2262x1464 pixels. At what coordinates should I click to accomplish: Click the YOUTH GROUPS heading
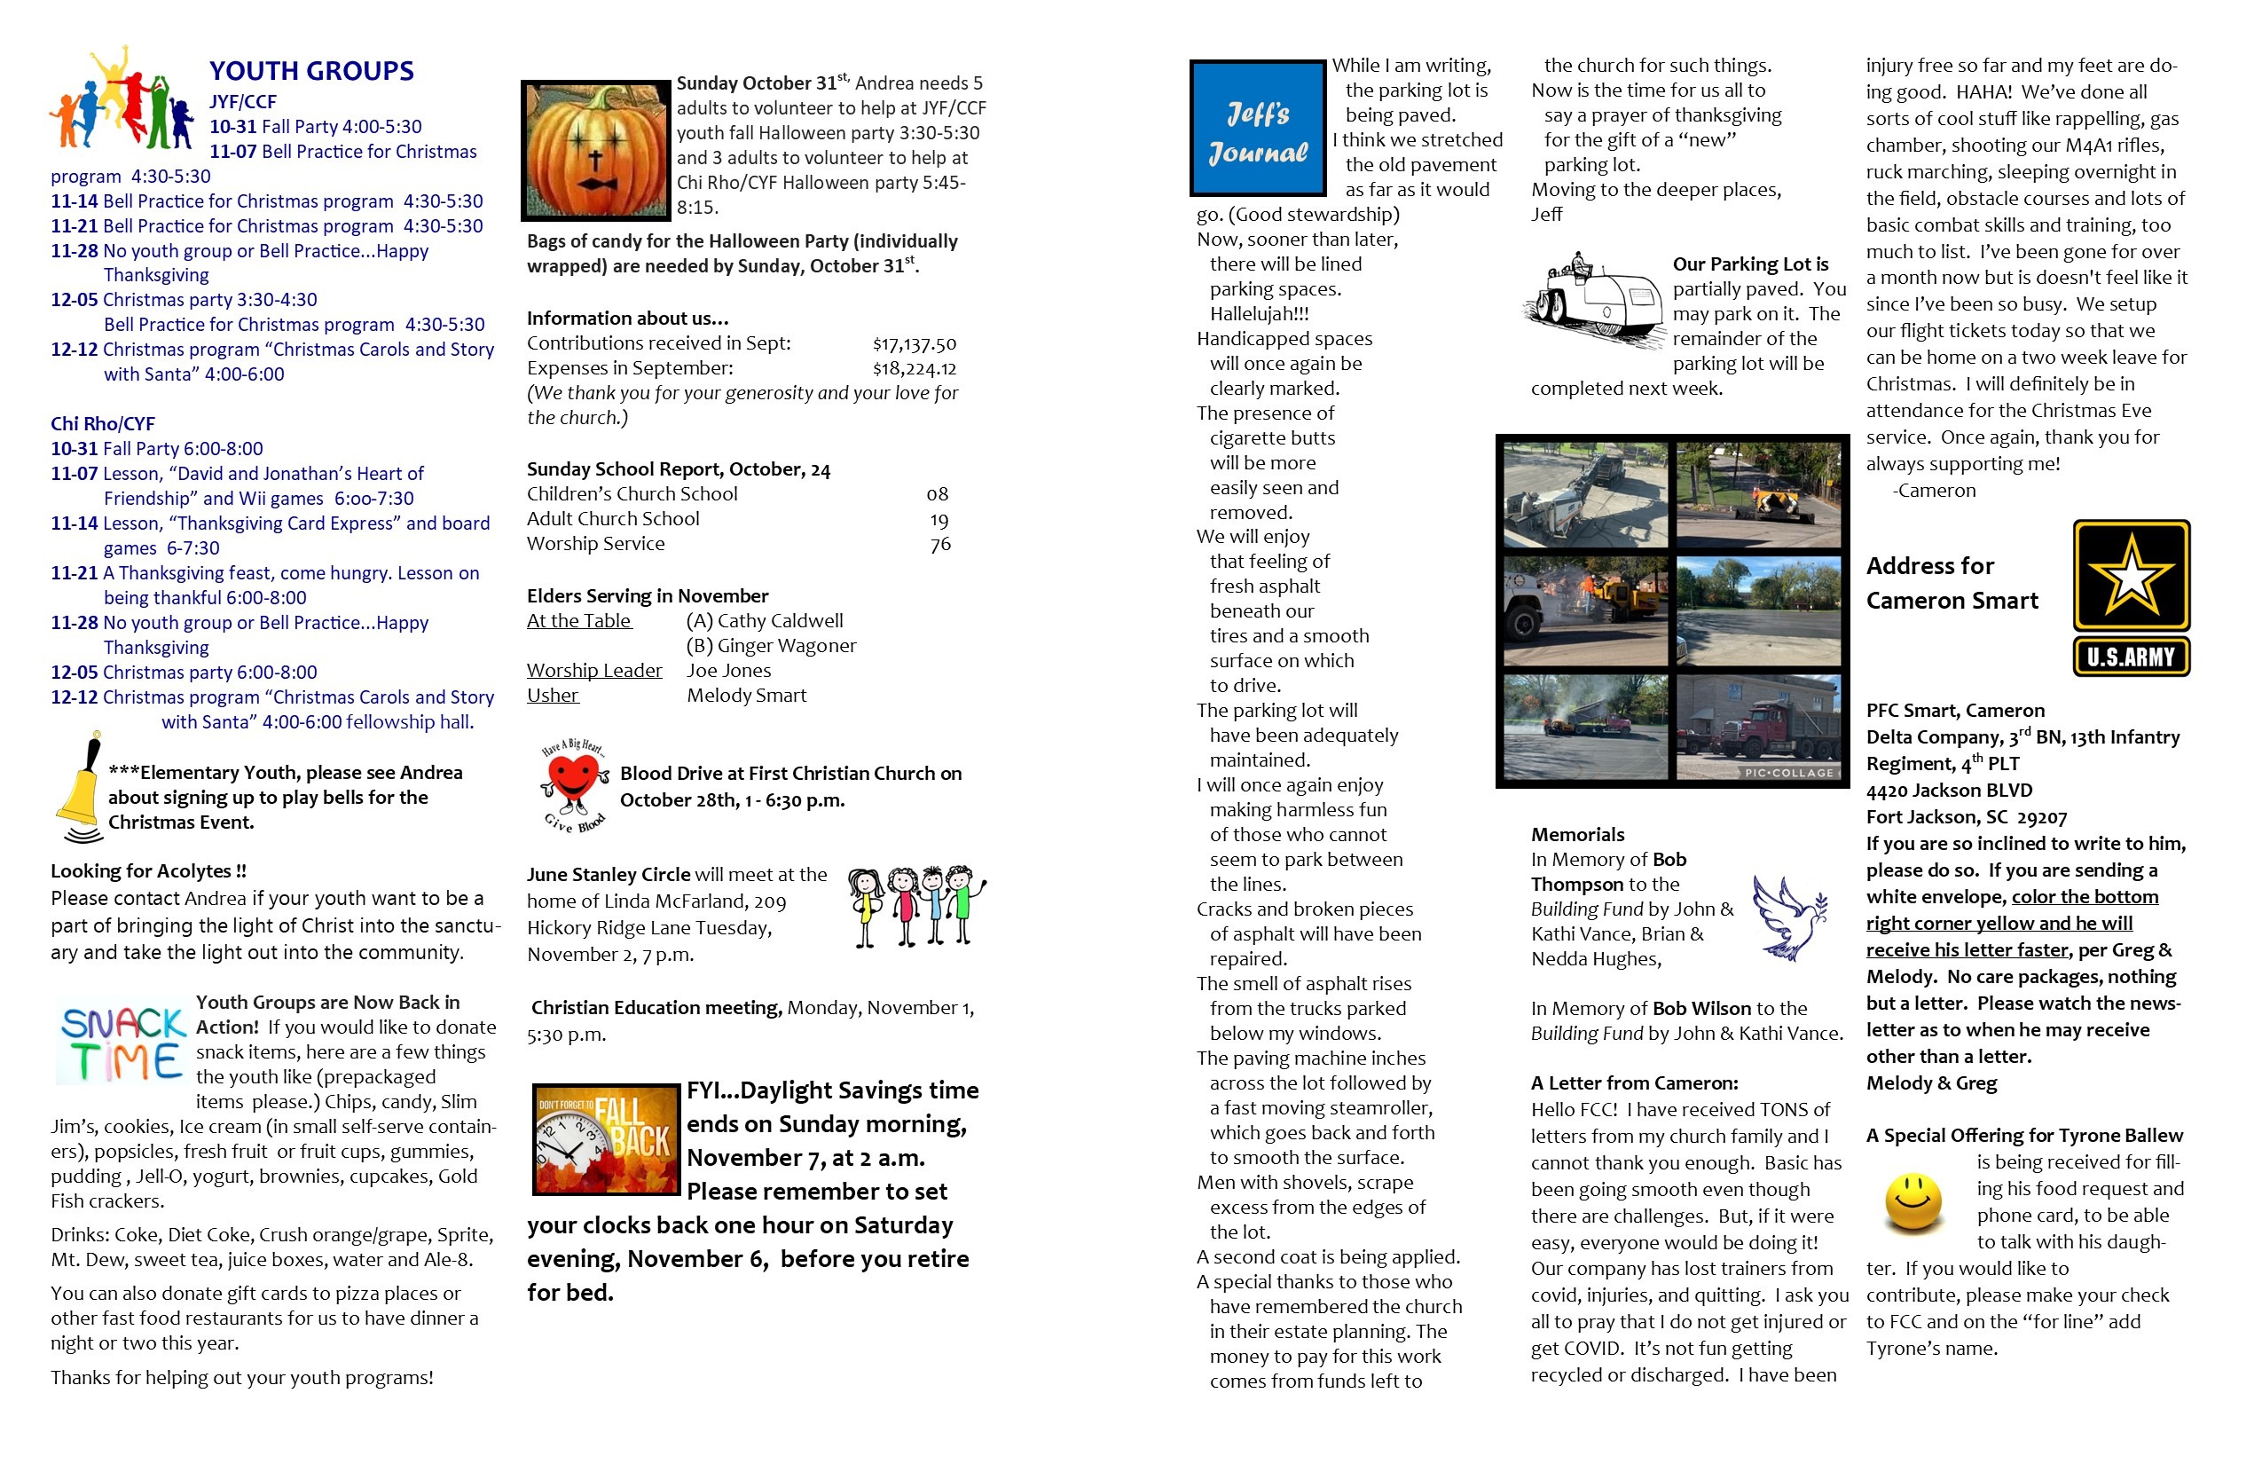(310, 71)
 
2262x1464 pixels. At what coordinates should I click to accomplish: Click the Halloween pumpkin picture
(596, 149)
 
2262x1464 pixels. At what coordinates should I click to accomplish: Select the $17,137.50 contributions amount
(914, 344)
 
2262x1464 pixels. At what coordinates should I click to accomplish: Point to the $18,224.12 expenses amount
(914, 369)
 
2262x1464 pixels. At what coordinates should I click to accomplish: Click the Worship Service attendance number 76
(940, 545)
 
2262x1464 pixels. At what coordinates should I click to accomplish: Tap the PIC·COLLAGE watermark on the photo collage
(1787, 773)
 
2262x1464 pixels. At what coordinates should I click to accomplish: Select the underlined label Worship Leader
(594, 671)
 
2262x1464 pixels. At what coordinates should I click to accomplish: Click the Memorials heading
(1577, 835)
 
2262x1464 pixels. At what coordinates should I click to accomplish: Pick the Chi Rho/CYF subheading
(103, 424)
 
